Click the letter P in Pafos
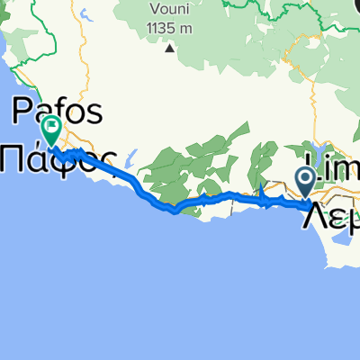(19, 111)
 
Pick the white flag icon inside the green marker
(50, 126)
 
